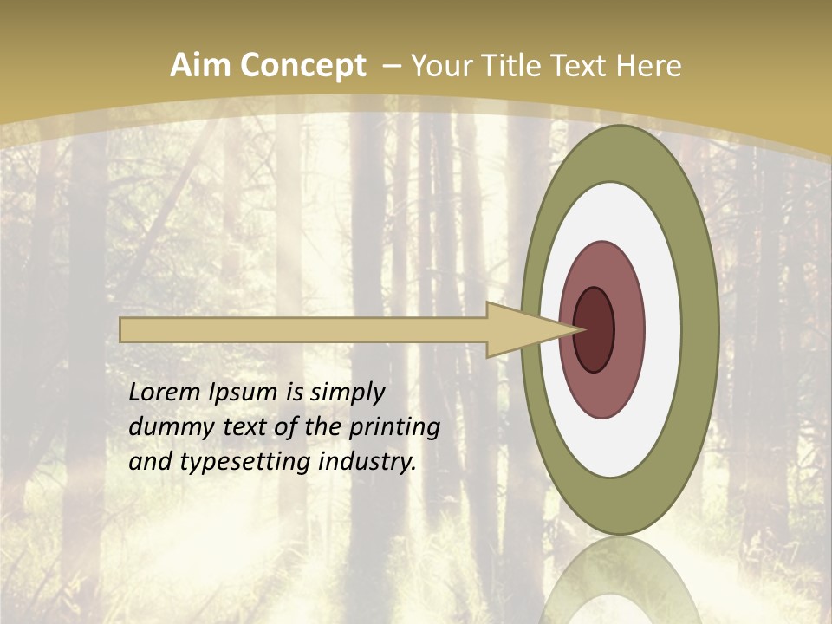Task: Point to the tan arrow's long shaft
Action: (x=303, y=330)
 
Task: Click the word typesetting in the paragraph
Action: (x=248, y=462)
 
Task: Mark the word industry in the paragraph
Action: (x=367, y=462)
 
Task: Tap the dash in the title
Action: (x=392, y=66)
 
